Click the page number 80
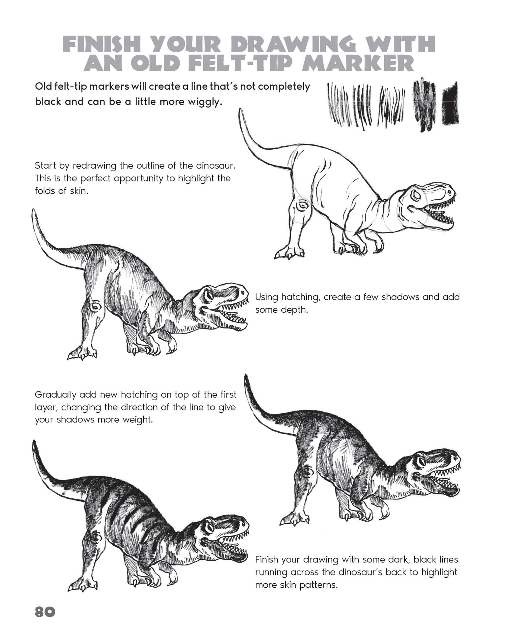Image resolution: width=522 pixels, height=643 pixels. pyautogui.click(x=45, y=612)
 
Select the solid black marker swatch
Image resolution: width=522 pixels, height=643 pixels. pyautogui.click(x=450, y=104)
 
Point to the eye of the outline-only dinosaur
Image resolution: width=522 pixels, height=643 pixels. pyautogui.click(x=416, y=196)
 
